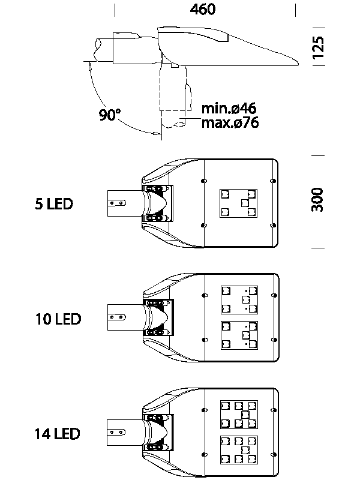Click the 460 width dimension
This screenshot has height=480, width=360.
203,10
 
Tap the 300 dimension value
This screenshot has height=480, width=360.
318,200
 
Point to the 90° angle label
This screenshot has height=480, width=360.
110,115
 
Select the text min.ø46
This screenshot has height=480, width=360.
229,109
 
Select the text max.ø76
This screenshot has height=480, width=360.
230,123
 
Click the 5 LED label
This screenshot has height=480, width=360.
54,204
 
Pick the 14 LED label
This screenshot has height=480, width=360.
57,433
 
